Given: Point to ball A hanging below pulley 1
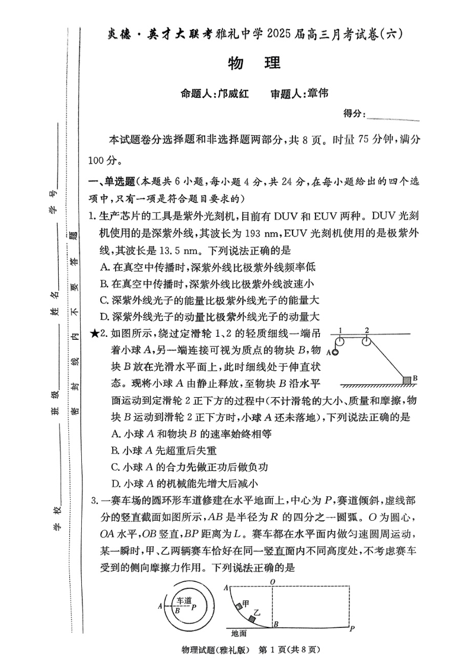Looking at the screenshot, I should pos(335,353).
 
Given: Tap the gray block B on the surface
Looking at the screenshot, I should pos(407,379).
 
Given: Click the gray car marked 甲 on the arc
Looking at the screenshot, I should pos(238,605).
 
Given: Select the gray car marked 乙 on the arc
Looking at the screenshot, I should pos(253,618).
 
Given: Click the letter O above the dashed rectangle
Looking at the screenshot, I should pos(272,581).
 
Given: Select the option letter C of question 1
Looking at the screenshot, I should pos(104,300).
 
